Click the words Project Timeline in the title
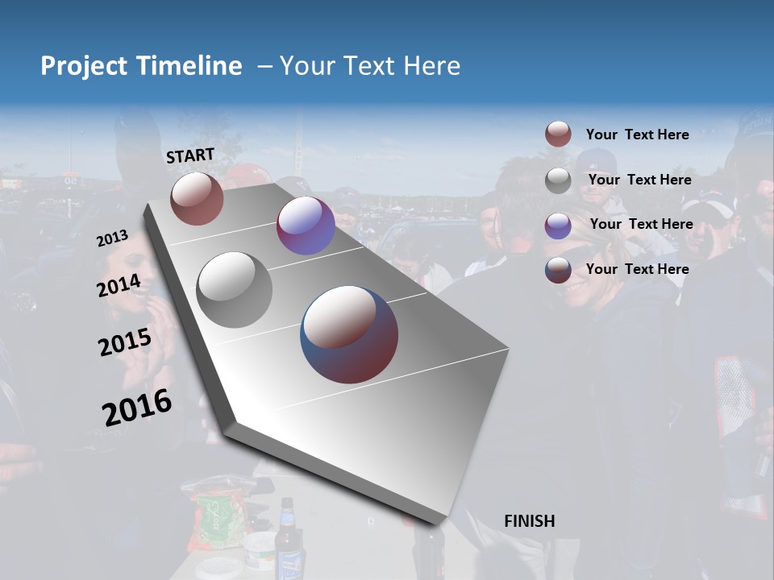pyautogui.click(x=141, y=66)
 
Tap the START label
pyautogui.click(x=190, y=155)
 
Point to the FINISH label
pyautogui.click(x=529, y=521)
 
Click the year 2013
pyautogui.click(x=112, y=238)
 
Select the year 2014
pyautogui.click(x=119, y=285)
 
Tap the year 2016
pyautogui.click(x=137, y=408)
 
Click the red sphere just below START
pyautogui.click(x=197, y=198)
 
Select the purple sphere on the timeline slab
pyautogui.click(x=306, y=226)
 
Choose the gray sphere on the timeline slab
pyautogui.click(x=235, y=289)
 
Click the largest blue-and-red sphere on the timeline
pyautogui.click(x=349, y=334)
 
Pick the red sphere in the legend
pyautogui.click(x=558, y=135)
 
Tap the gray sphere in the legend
pyautogui.click(x=558, y=180)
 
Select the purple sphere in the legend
pyautogui.click(x=558, y=226)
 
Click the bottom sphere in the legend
pyautogui.click(x=558, y=270)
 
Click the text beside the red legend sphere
pyautogui.click(x=637, y=135)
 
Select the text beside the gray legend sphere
pyautogui.click(x=639, y=180)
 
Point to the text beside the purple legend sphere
pyautogui.click(x=641, y=224)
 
